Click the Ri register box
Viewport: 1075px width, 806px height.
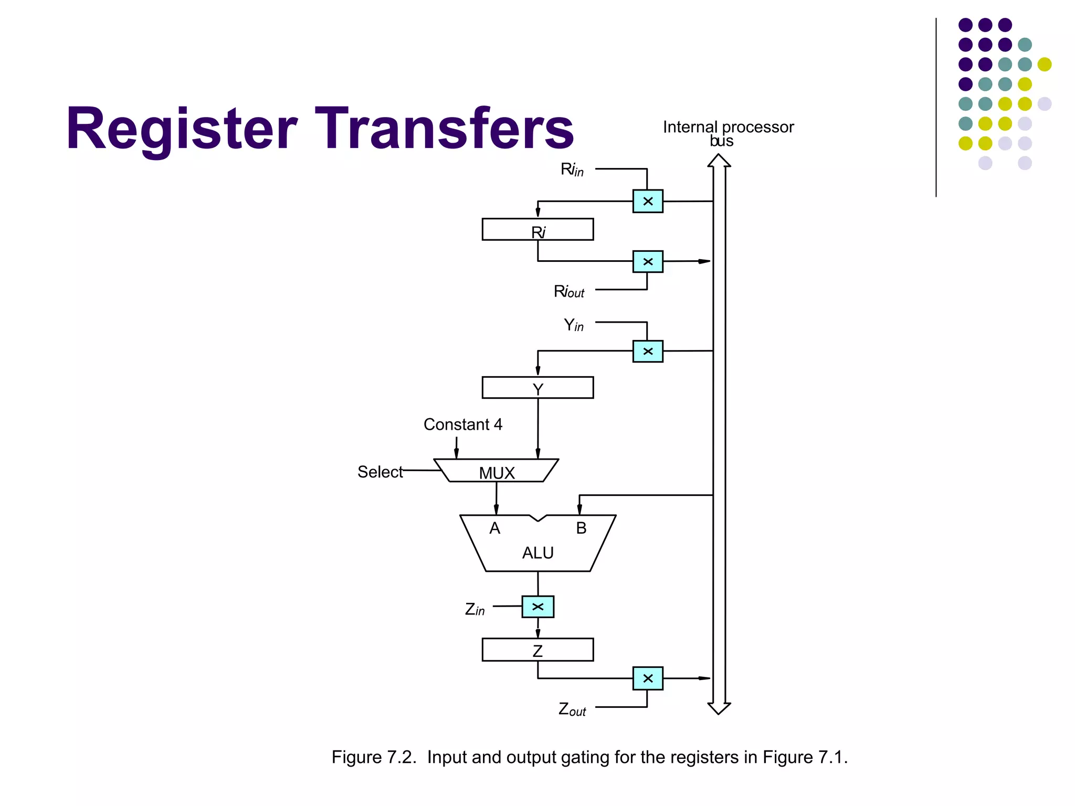(537, 229)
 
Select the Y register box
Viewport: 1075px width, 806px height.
(537, 388)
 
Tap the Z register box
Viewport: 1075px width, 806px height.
(537, 650)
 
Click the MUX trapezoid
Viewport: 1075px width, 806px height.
(496, 471)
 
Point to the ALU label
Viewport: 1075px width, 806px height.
(537, 553)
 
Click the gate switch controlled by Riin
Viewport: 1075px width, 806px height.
(648, 201)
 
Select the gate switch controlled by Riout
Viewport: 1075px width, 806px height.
(648, 261)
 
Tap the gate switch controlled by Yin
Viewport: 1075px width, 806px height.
(648, 351)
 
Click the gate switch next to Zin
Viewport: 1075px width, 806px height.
(537, 607)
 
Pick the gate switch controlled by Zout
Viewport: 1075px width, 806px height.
(648, 678)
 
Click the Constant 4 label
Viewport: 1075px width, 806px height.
(462, 424)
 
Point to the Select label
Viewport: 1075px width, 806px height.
(380, 472)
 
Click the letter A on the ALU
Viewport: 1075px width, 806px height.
(494, 528)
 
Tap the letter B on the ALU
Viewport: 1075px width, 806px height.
(581, 528)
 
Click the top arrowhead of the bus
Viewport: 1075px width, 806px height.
(719, 161)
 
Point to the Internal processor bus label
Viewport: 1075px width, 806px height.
(728, 133)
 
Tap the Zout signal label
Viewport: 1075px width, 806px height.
(572, 709)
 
